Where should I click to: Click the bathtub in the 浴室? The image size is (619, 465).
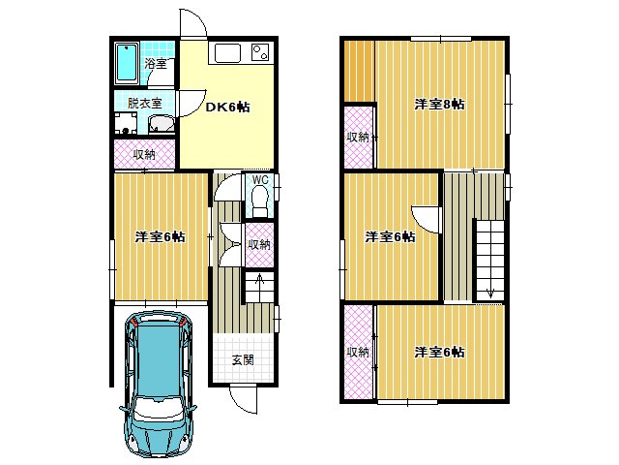tap(127, 63)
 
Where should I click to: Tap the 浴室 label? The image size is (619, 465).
tap(155, 63)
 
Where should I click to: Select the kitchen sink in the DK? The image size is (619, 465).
tap(227, 53)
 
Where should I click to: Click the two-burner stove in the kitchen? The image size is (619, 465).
tap(260, 52)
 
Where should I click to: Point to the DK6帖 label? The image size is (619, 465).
tap(228, 107)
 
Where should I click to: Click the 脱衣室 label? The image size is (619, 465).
tap(144, 104)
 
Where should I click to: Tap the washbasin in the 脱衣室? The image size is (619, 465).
tap(162, 123)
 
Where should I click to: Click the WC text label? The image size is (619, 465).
tap(260, 180)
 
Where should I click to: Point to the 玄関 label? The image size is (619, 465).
tap(243, 359)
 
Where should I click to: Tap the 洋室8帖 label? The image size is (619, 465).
tap(439, 104)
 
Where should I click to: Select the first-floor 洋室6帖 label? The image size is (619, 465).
tap(160, 236)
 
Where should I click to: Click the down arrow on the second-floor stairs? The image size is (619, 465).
tap(490, 293)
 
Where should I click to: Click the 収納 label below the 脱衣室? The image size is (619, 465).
tap(144, 154)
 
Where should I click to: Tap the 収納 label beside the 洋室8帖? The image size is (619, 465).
tap(358, 138)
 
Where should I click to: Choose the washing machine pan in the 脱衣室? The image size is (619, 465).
tap(126, 123)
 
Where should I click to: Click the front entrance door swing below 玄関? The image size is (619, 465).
tap(243, 399)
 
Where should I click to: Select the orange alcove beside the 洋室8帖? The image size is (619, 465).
tap(359, 71)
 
